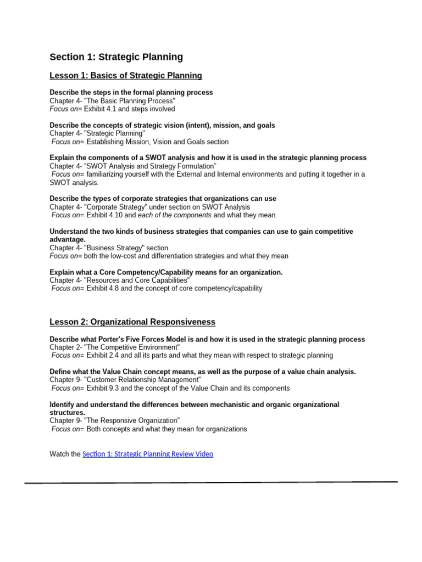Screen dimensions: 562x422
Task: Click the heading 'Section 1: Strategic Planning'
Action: (x=116, y=57)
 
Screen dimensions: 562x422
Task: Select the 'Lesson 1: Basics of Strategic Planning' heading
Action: (x=126, y=76)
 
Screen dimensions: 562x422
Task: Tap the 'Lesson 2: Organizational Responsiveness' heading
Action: (x=132, y=322)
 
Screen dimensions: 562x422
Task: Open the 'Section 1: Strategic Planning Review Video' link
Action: (x=148, y=454)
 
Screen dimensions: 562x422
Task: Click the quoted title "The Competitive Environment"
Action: (x=132, y=347)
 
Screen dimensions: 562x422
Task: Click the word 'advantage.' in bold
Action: (x=68, y=240)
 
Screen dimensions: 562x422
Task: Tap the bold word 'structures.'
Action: (x=68, y=412)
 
